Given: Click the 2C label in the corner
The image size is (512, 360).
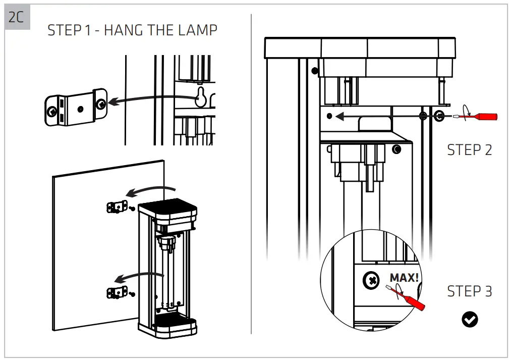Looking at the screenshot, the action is [17, 17].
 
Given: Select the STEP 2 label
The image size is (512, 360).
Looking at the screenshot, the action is [469, 150].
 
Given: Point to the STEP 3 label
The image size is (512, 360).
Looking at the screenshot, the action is [469, 291].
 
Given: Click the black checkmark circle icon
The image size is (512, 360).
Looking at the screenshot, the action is [470, 319].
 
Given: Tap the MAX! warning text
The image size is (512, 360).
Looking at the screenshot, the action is [404, 277].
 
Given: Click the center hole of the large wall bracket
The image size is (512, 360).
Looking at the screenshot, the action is [80, 108].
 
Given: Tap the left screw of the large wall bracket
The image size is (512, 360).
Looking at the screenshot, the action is [51, 110].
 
